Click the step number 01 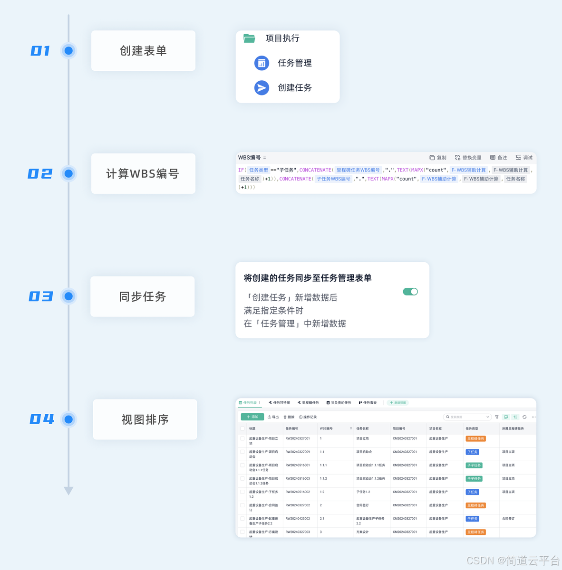[40, 51]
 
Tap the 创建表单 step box [143, 51]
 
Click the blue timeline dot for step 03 [68, 296]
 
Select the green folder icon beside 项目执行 [249, 38]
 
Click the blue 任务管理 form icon [262, 63]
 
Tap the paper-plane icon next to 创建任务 [262, 88]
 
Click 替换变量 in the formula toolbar [468, 158]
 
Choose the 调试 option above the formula [524, 158]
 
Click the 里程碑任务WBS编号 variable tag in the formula [358, 170]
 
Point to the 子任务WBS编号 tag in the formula [333, 179]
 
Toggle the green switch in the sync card [410, 292]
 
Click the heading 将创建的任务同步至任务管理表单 [308, 278]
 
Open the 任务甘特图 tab [280, 403]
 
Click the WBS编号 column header [327, 428]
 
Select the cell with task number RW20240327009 [298, 452]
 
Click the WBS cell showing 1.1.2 [324, 478]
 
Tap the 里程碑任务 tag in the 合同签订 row [475, 505]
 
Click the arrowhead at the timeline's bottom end [68, 491]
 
